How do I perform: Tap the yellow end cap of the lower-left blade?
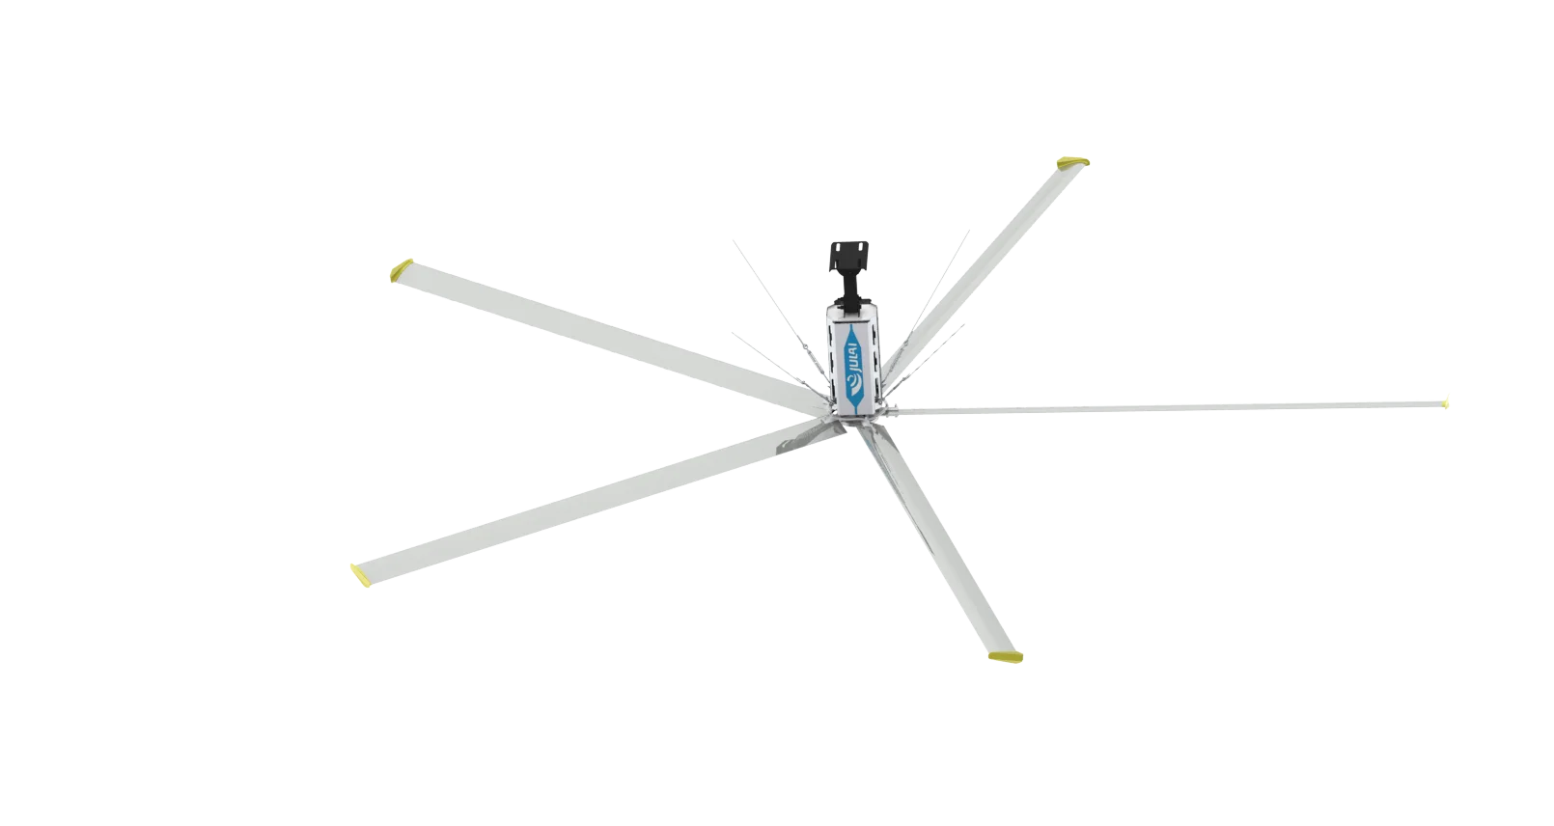point(361,576)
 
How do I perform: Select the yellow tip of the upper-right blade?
point(1074,163)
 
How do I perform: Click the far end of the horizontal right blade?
point(1445,400)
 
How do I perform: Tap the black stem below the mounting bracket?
point(852,290)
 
